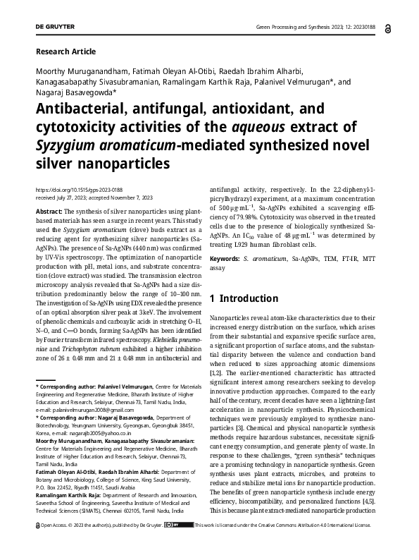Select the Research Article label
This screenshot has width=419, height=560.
pos(65,51)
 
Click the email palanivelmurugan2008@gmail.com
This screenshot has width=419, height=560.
pos(83,409)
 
